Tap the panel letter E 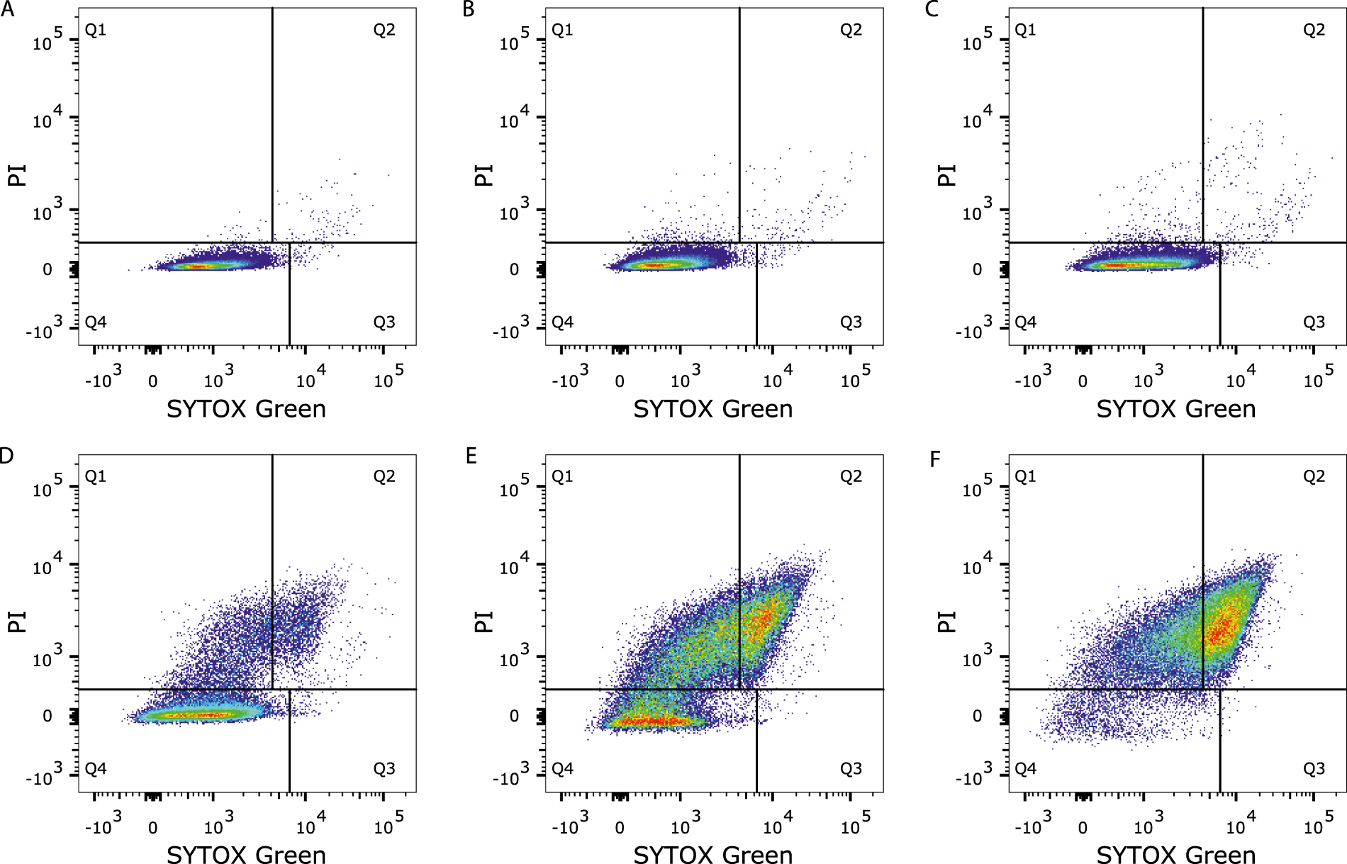471,456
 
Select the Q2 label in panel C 1314,30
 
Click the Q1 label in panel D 95,476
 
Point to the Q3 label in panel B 851,322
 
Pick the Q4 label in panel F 1025,769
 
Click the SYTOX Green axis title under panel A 246,409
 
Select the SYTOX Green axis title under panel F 1175,855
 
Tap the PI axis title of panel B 484,174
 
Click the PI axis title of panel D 17,622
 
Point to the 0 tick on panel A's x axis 152,381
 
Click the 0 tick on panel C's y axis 977,269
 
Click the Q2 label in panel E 851,476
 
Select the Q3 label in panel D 384,769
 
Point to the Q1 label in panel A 95,30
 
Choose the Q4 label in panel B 562,322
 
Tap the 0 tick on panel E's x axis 620,828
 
